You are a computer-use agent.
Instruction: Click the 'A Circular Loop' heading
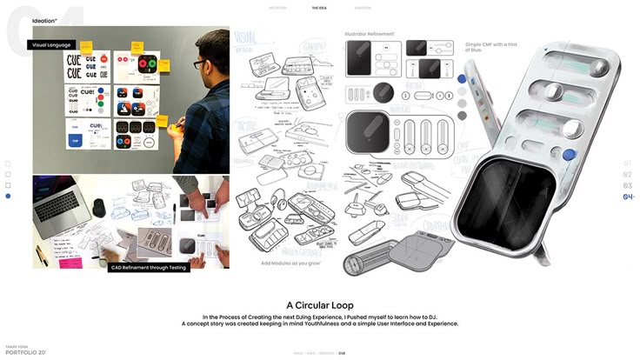tap(319, 305)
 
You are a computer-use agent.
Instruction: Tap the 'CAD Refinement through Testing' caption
tap(147, 268)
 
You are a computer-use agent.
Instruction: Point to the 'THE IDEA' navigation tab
tap(319, 8)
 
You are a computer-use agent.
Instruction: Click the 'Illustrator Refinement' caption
tap(370, 34)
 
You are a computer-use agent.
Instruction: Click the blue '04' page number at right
tap(628, 197)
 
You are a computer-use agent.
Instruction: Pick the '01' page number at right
tap(628, 163)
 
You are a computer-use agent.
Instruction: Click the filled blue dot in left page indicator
tap(8, 197)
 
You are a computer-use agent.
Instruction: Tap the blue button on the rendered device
tap(569, 155)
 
